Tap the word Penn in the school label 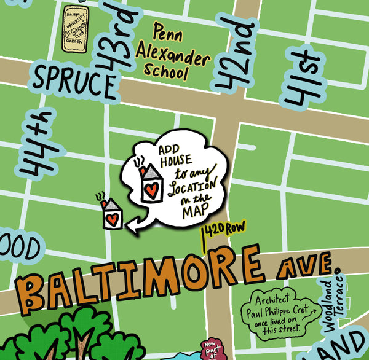[x=167, y=29]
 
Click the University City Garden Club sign [x=76, y=28]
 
